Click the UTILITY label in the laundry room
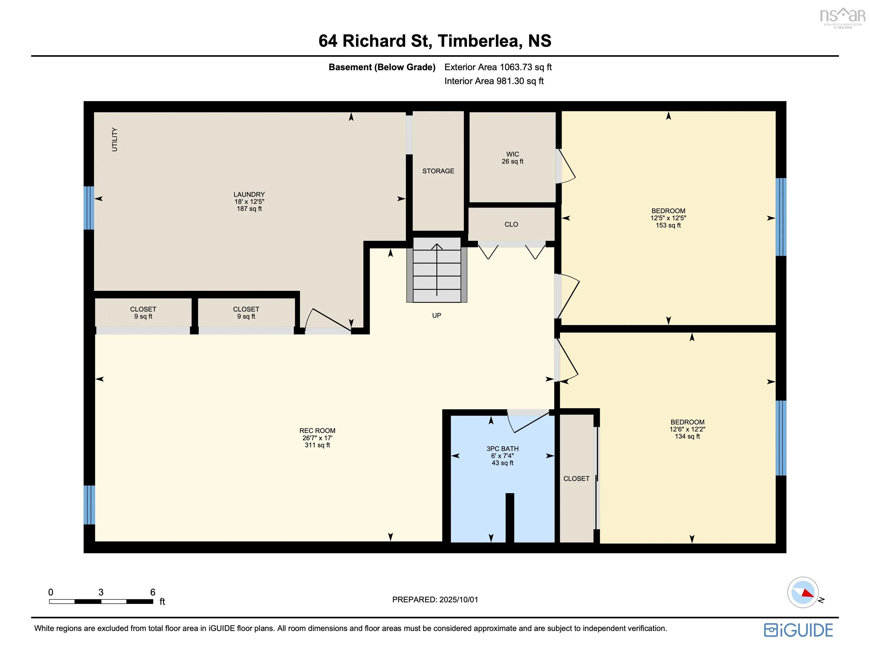[x=115, y=139]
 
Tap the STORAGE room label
[x=438, y=171]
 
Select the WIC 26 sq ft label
[x=513, y=158]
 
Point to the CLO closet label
[x=511, y=224]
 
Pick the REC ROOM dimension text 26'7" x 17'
[x=317, y=438]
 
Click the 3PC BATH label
[x=502, y=449]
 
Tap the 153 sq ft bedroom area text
[x=668, y=225]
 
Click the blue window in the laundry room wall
[x=89, y=208]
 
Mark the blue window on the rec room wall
[x=89, y=505]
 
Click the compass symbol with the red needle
[x=803, y=592]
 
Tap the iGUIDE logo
[x=798, y=630]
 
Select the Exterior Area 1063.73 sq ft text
[x=498, y=67]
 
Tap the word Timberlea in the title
[x=480, y=41]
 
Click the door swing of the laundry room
[x=327, y=320]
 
